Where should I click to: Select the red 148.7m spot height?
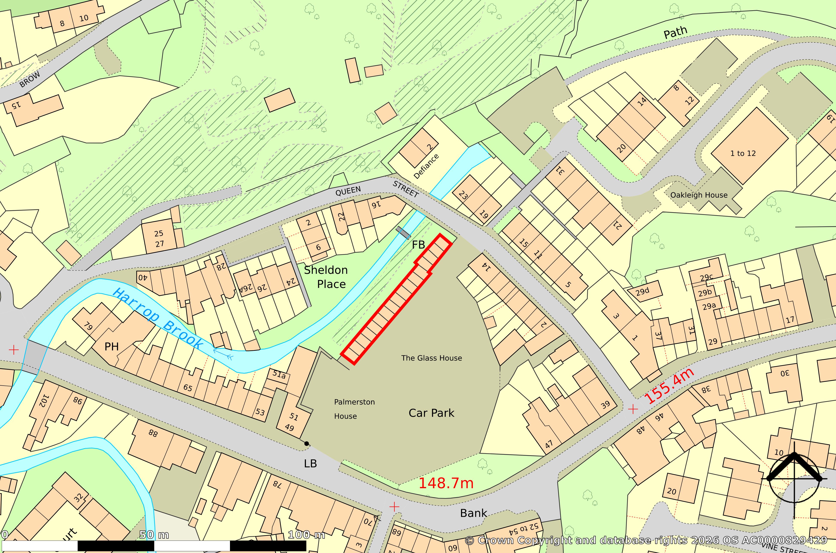[446, 483]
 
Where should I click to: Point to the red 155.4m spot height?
[669, 386]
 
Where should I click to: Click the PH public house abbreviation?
[111, 347]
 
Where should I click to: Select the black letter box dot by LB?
[306, 444]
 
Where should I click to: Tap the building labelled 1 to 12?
[743, 153]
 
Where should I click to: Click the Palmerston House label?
[354, 409]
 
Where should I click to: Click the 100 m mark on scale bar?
[306, 535]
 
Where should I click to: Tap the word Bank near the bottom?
[473, 513]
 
